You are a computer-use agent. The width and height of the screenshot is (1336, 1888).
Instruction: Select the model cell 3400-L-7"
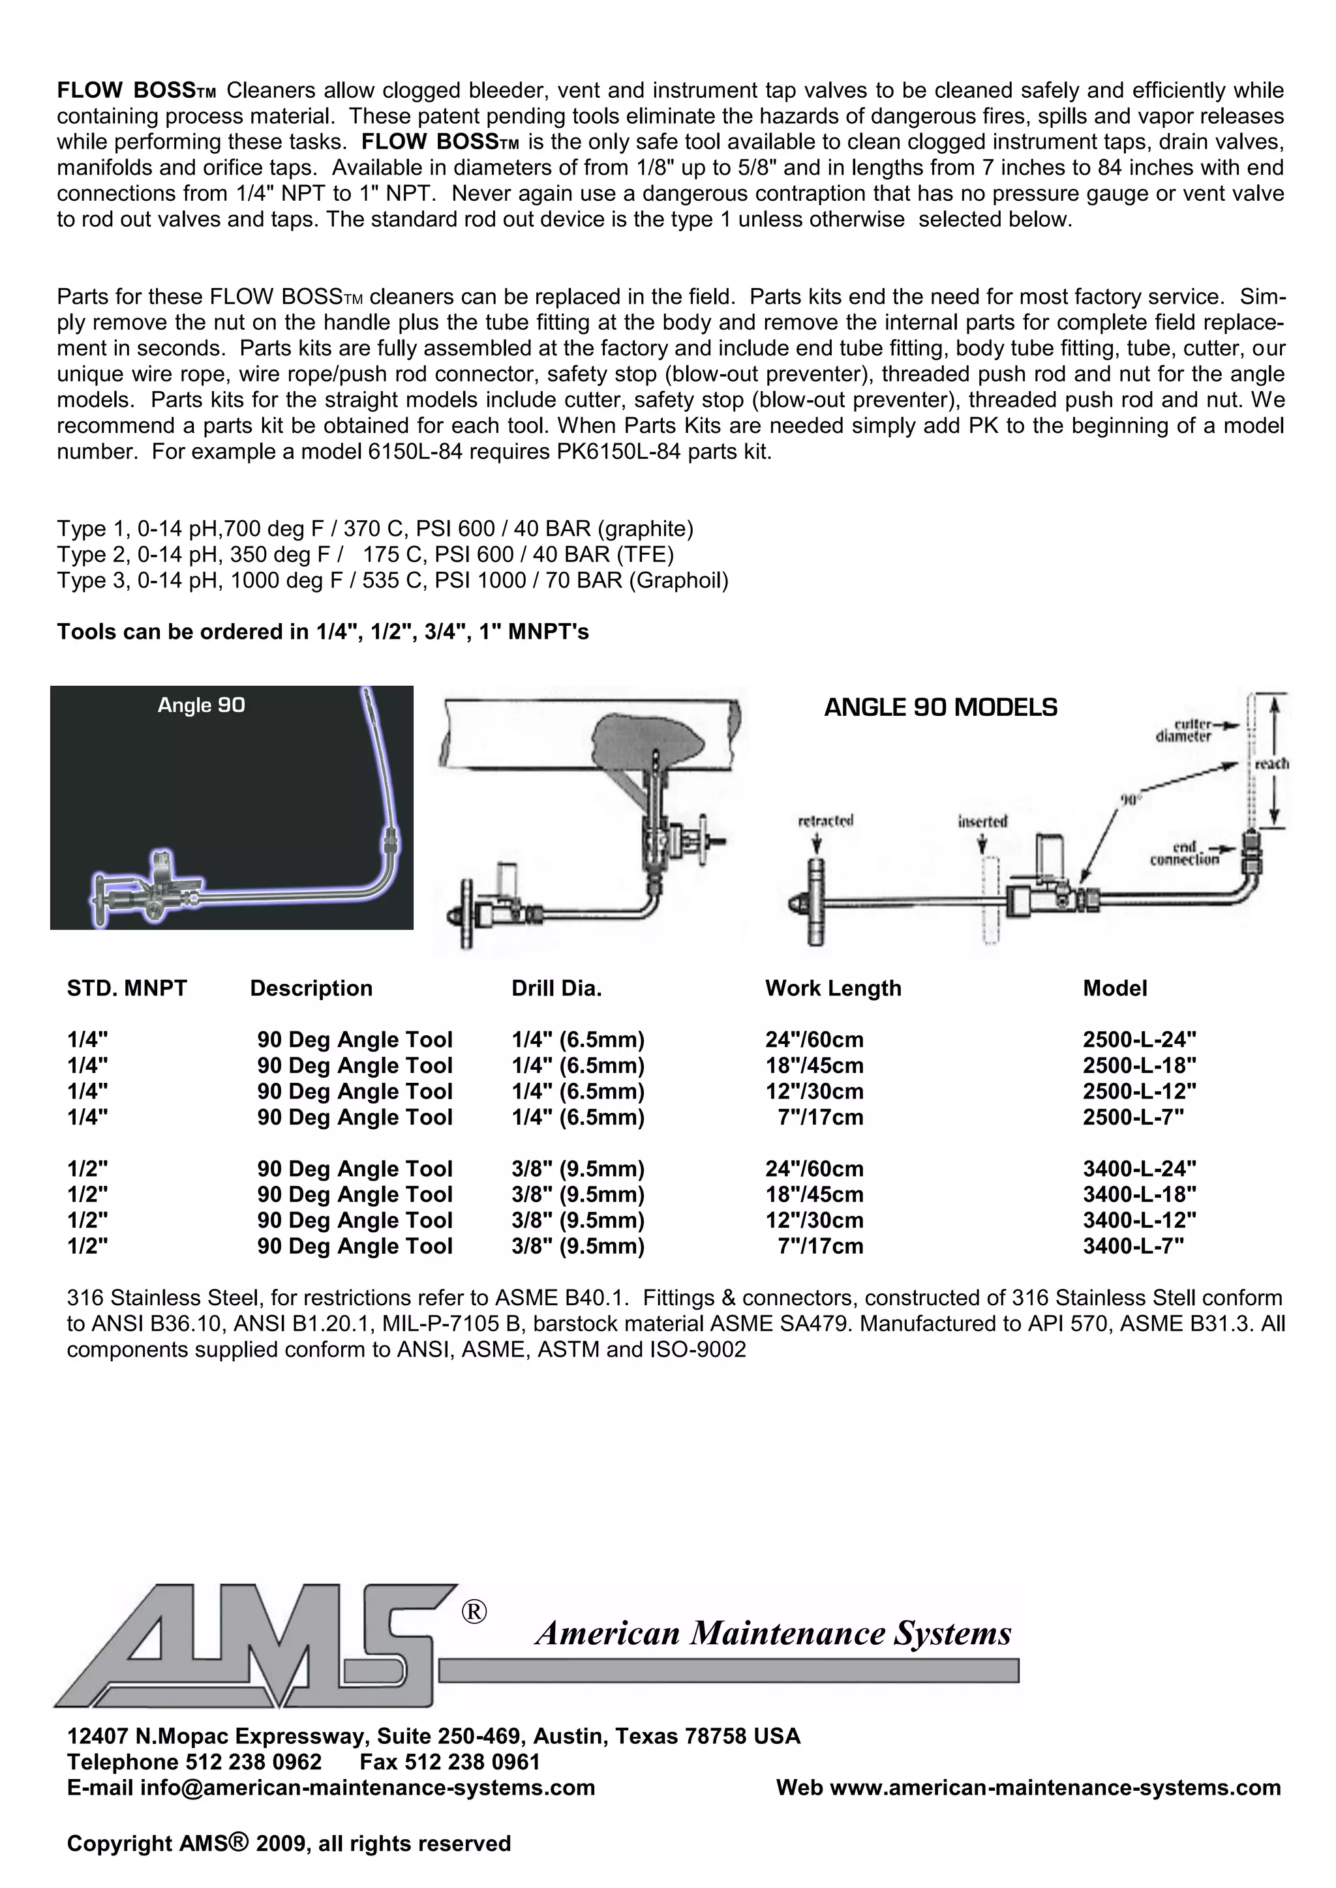[x=1133, y=1246]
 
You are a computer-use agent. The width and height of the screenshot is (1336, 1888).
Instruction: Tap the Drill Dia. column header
[x=556, y=988]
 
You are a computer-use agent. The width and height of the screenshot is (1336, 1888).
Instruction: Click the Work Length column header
[x=832, y=988]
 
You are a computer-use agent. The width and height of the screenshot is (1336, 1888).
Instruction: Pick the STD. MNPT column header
[x=127, y=988]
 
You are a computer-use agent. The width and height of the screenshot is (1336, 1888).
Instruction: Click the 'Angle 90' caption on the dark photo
[x=202, y=705]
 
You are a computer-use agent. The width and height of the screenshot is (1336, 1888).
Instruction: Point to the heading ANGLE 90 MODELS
[x=940, y=708]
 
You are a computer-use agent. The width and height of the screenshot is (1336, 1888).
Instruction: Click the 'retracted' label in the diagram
[x=825, y=821]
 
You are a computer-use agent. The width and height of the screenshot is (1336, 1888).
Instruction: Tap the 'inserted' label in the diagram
[x=982, y=821]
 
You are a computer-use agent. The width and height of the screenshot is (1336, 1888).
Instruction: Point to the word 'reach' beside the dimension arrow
[x=1271, y=764]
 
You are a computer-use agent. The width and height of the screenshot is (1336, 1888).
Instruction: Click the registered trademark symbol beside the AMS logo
[x=474, y=1612]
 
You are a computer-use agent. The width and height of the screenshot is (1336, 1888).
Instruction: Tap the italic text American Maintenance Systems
[x=773, y=1633]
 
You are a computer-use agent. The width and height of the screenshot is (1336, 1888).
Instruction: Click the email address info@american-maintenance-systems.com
[x=367, y=1788]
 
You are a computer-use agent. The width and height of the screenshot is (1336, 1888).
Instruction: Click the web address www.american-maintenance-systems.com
[x=1055, y=1788]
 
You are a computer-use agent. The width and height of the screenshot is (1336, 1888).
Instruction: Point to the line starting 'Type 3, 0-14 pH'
[x=393, y=582]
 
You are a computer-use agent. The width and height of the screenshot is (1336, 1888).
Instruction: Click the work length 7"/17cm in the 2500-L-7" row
[x=820, y=1117]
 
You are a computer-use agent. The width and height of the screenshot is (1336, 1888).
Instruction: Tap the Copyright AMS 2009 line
[x=289, y=1844]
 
